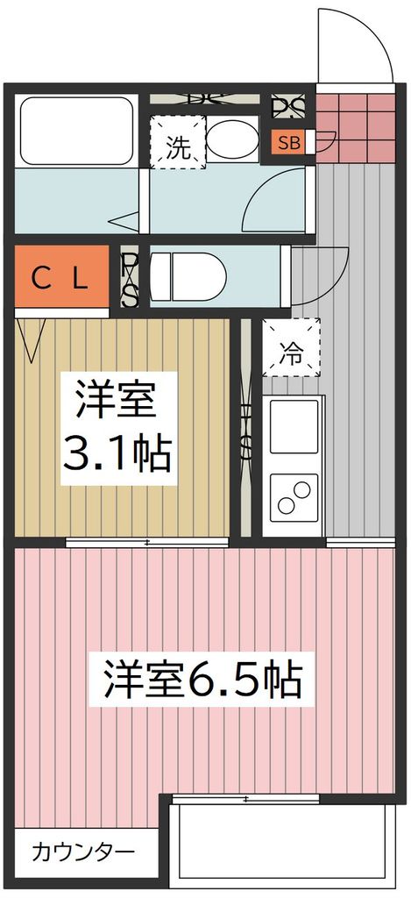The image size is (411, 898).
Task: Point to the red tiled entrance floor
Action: tap(354, 125)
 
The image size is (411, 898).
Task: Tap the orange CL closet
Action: tap(61, 280)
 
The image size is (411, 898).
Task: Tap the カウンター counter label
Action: tap(83, 852)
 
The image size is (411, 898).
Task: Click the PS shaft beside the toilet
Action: tap(130, 279)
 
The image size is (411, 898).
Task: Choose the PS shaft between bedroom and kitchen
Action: tap(246, 430)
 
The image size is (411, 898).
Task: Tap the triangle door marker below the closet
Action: tap(32, 341)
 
